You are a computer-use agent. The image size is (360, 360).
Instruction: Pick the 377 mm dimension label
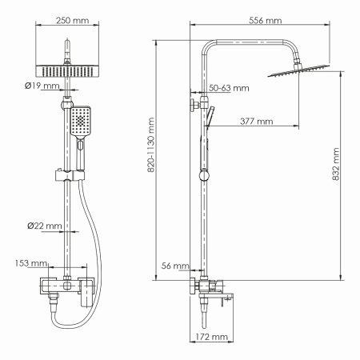tap(255, 122)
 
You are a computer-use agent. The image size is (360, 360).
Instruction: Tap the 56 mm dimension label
tap(175, 265)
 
